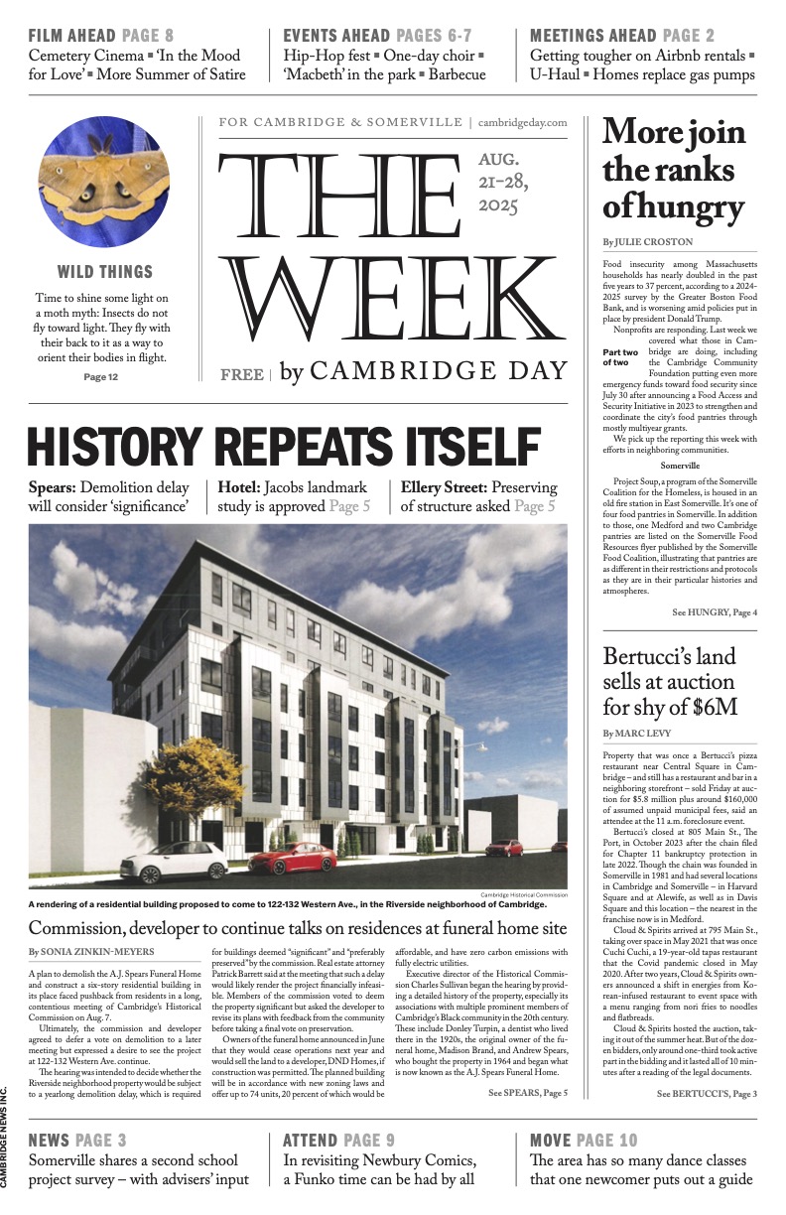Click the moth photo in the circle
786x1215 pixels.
coord(103,181)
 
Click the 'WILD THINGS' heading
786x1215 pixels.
coord(104,272)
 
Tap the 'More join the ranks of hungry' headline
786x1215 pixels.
coord(672,170)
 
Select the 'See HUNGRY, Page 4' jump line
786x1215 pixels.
coord(714,612)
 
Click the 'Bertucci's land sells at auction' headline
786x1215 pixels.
coord(671,681)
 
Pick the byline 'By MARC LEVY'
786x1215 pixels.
coord(635,733)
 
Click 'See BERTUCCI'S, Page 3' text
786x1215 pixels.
coord(706,1093)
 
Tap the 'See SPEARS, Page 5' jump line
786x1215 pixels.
coord(527,1093)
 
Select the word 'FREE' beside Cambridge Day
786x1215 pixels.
coord(240,375)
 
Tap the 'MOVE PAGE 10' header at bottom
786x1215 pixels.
coord(584,1140)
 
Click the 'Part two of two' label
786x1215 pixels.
coord(622,356)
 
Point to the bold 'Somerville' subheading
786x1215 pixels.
coord(680,465)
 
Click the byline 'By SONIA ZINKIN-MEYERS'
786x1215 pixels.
coord(90,951)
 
